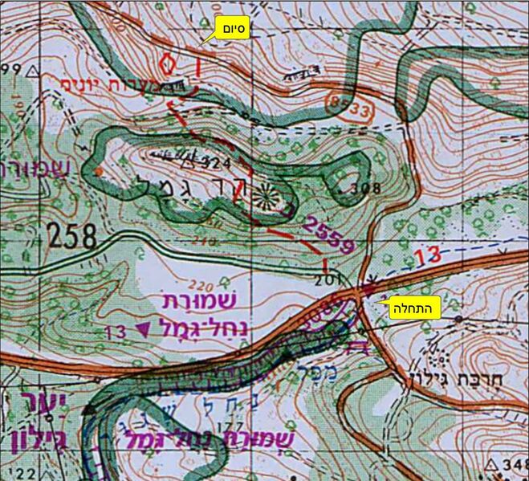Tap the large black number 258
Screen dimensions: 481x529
[71, 236]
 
